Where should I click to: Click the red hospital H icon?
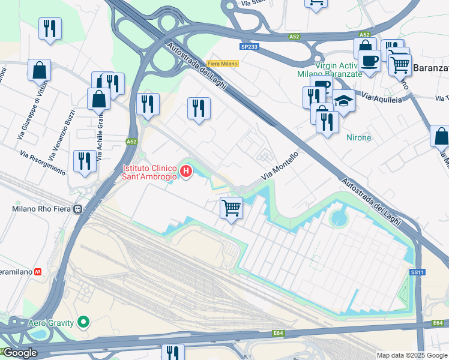[186, 172]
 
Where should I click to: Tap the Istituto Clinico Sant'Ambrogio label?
[149, 172]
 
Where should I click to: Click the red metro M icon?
[38, 272]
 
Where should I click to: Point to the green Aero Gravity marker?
[83, 323]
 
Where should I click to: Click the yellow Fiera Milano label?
[223, 64]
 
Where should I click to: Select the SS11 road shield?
[417, 272]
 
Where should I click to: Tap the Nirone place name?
[359, 137]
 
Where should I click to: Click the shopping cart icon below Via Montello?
[231, 208]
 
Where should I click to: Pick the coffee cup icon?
[369, 61]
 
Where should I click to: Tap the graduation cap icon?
[343, 101]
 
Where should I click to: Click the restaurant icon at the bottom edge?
[172, 353]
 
